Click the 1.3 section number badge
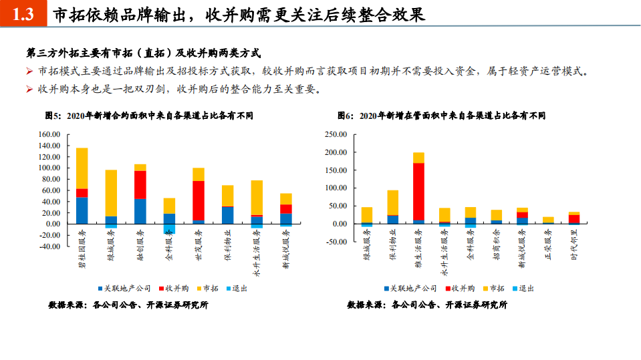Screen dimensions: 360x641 23,14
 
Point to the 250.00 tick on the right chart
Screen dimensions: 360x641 335,134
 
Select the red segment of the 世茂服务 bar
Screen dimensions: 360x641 198,200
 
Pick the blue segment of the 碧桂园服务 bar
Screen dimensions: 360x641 82,210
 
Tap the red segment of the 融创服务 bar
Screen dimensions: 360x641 140,184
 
